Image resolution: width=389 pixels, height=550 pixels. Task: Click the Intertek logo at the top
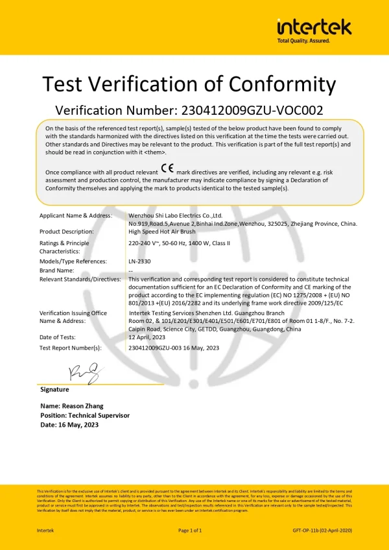pyautogui.click(x=314, y=27)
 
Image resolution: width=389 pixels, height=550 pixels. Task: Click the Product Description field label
pyautogui.click(x=66, y=232)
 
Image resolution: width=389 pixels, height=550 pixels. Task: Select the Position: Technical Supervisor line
pyautogui.click(x=85, y=415)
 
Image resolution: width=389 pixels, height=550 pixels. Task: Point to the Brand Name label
pyautogui.click(x=56, y=270)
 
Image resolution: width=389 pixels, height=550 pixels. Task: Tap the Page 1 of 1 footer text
pyautogui.click(x=190, y=531)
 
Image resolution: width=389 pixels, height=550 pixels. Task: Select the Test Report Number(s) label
pyautogui.click(x=71, y=348)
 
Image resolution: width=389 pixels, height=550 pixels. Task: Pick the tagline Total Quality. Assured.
pyautogui.click(x=303, y=40)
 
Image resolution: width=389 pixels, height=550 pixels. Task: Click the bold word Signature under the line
pyautogui.click(x=54, y=390)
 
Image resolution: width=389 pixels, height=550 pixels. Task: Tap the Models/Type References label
pyautogui.click(x=73, y=261)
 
